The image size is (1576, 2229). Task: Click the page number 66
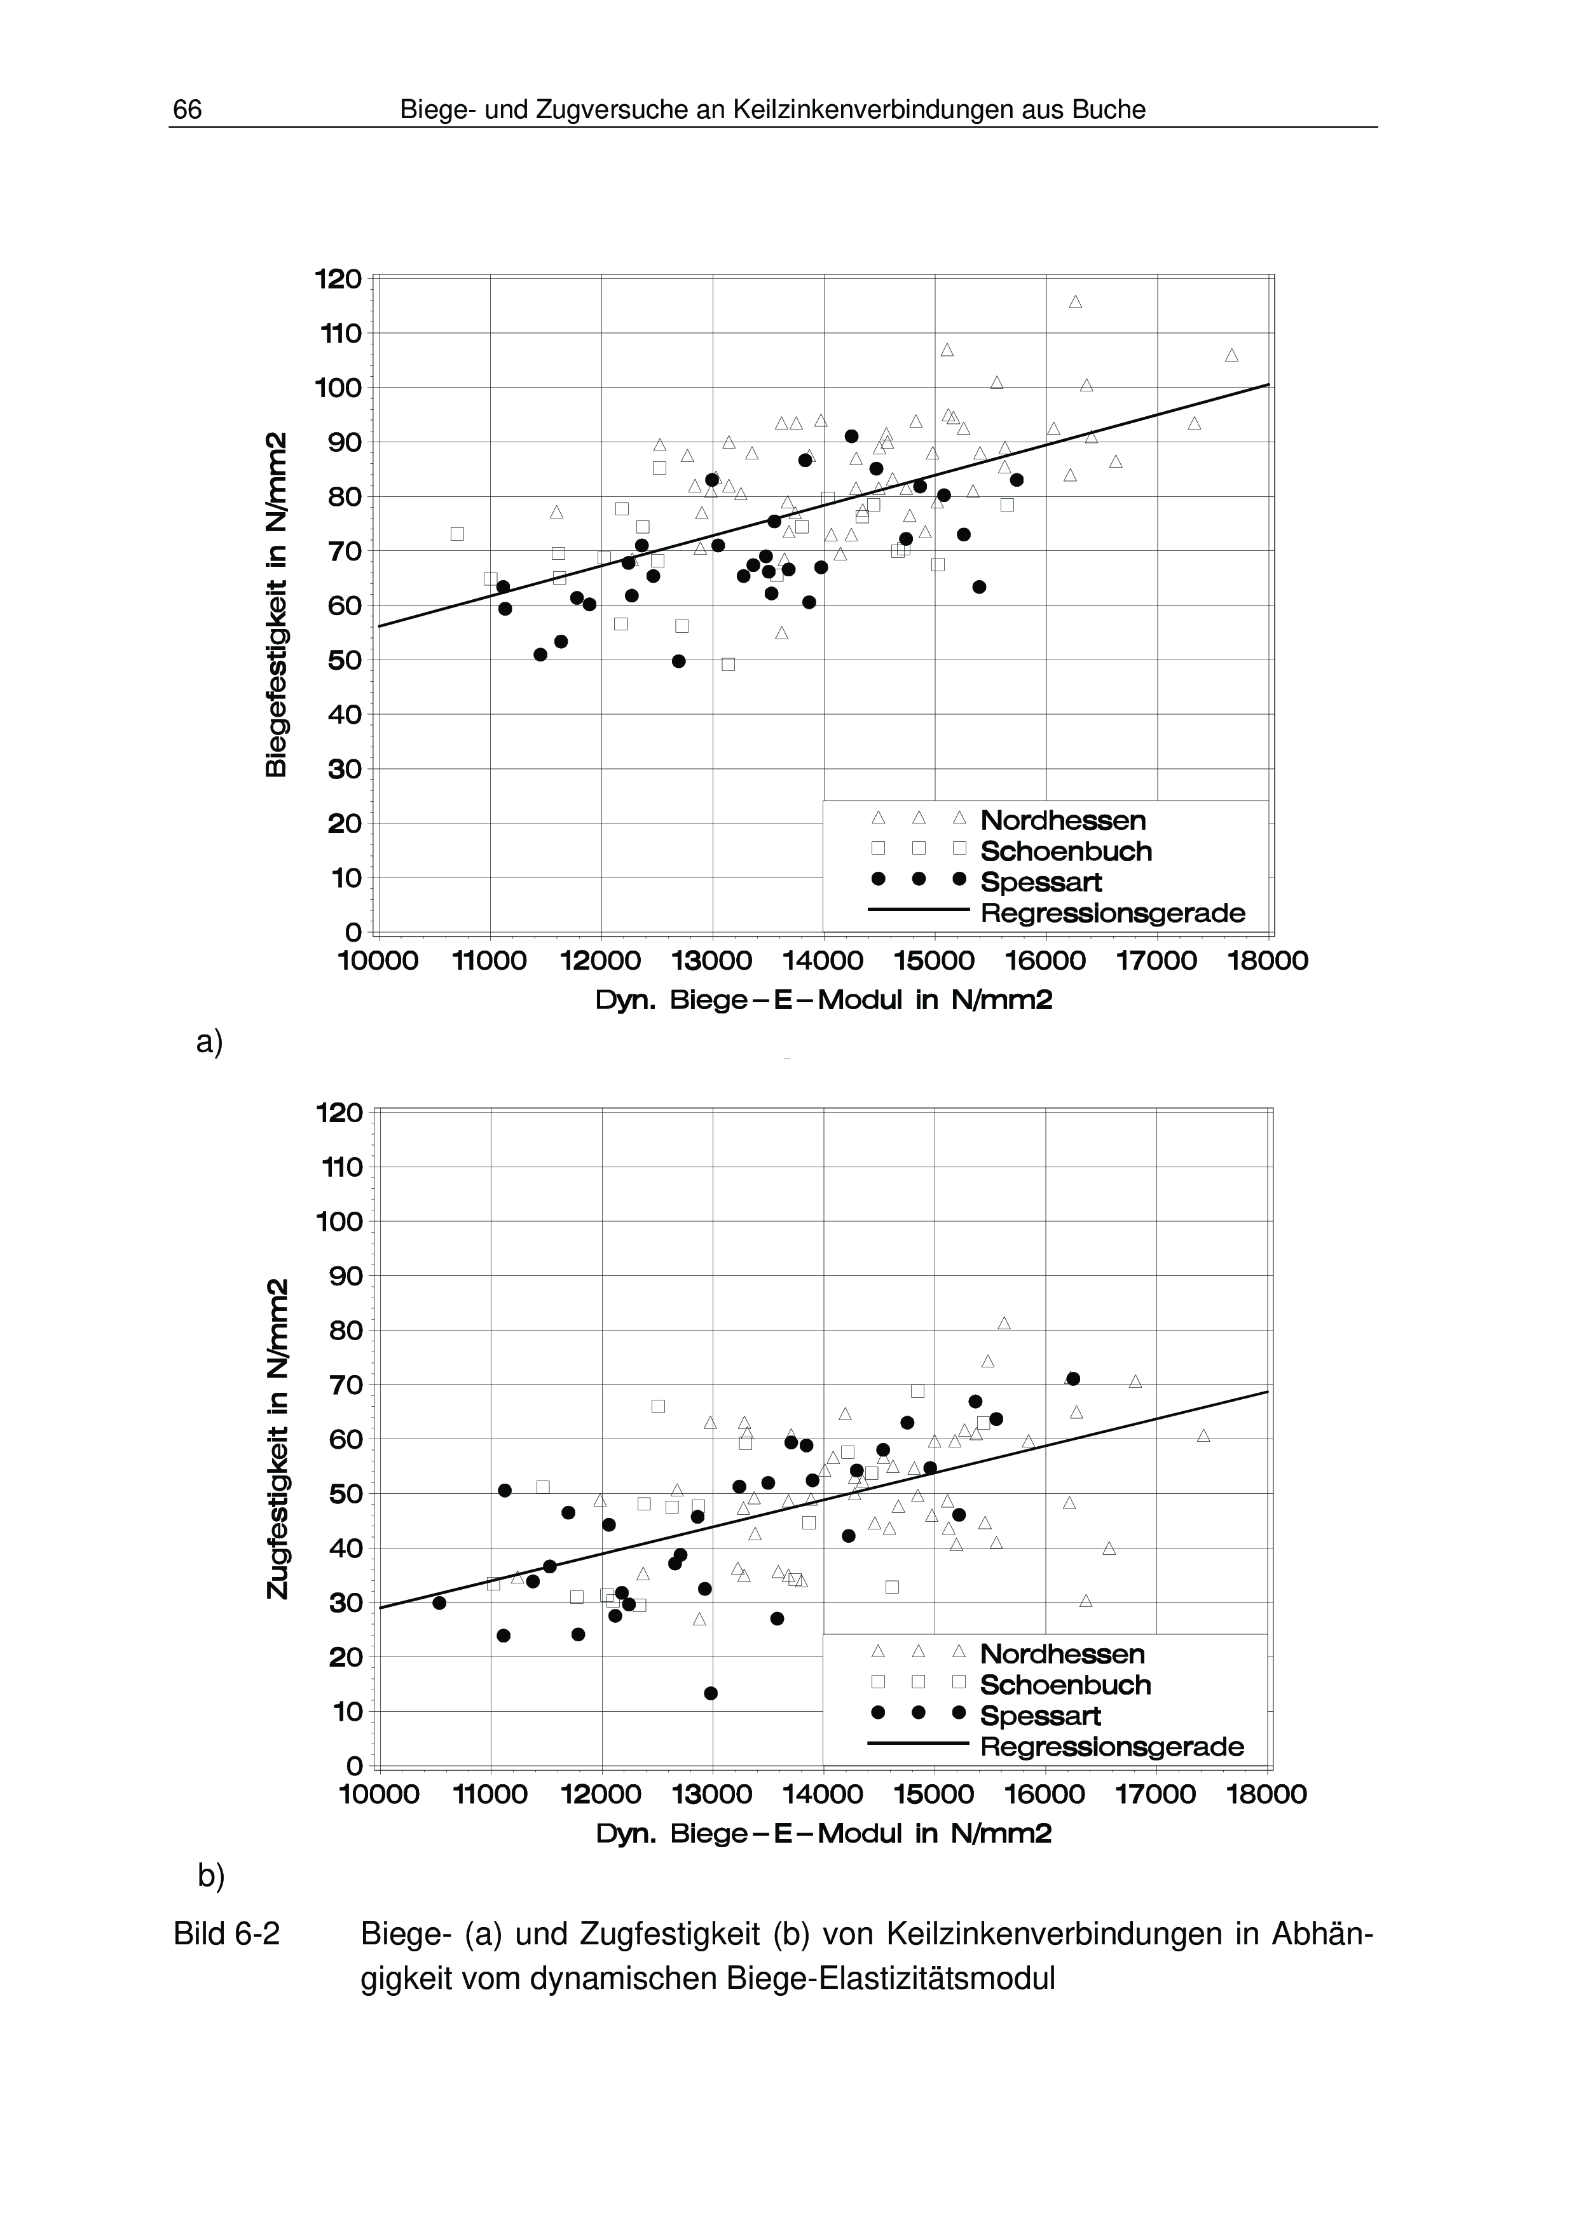[188, 111]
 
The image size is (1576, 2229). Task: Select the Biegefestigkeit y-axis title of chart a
[276, 604]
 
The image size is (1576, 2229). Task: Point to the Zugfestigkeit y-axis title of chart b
[277, 1439]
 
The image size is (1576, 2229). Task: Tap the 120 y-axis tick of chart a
[338, 280]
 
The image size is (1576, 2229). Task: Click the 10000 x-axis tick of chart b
[379, 1794]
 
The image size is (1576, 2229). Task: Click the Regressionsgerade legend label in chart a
[1113, 914]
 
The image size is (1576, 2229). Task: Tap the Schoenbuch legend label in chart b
[1066, 1684]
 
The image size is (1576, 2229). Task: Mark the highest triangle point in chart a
[1075, 302]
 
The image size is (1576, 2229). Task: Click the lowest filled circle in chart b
[711, 1693]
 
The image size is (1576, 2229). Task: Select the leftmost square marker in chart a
[457, 534]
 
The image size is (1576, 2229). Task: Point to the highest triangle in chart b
[1004, 1323]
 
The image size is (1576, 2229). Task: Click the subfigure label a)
[209, 1041]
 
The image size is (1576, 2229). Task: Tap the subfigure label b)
[210, 1876]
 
